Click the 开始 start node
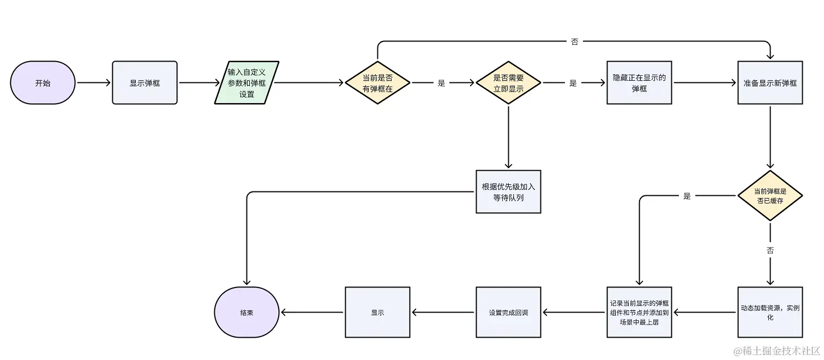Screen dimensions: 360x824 (x=43, y=83)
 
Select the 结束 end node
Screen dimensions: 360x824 (x=246, y=313)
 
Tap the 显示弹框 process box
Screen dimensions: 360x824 (x=145, y=83)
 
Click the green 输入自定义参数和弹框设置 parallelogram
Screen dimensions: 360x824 (x=246, y=83)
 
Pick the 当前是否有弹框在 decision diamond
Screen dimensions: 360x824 (x=377, y=83)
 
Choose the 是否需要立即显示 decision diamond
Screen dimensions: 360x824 (x=508, y=83)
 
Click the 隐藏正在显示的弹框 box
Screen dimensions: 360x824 (x=639, y=83)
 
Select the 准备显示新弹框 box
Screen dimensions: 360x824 (x=770, y=83)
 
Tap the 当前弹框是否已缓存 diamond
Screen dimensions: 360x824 (x=770, y=196)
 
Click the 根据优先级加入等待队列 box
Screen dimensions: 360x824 (x=508, y=191)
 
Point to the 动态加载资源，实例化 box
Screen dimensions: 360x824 (x=770, y=313)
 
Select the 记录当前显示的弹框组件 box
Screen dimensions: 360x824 (x=639, y=313)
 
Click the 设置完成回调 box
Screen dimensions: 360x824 (x=508, y=313)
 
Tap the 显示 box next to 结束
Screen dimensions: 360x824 (x=377, y=313)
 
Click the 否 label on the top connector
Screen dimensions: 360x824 (x=574, y=41)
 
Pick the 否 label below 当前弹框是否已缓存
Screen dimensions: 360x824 (x=770, y=251)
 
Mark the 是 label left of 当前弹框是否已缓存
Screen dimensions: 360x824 (x=687, y=196)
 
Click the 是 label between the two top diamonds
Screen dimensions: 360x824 (x=442, y=83)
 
